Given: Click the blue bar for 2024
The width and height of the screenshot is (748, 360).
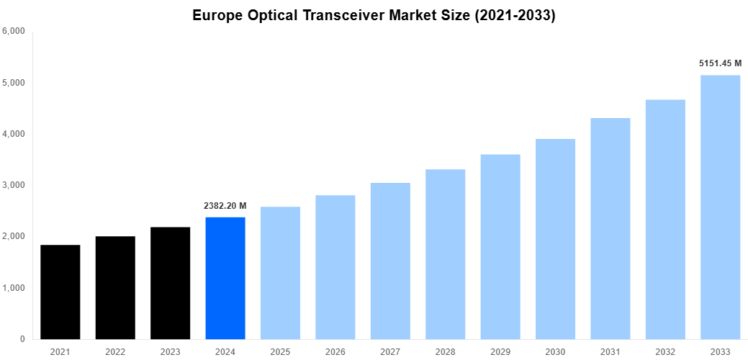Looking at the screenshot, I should tap(225, 278).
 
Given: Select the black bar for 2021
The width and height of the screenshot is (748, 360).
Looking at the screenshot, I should tap(60, 292).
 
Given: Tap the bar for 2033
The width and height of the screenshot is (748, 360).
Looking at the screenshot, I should tap(720, 207).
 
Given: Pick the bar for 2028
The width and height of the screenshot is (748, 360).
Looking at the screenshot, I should tap(445, 253).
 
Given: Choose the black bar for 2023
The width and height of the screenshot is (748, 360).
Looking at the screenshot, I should tap(171, 283).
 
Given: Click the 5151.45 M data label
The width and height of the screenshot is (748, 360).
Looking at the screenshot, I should tap(720, 63).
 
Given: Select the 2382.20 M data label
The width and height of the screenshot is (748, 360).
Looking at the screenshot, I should tap(225, 206).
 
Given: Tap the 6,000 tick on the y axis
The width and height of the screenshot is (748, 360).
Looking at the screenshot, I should tap(14, 32).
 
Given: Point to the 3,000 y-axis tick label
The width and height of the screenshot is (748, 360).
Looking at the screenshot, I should tap(14, 185).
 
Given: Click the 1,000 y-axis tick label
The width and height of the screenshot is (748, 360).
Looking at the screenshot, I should tap(14, 288).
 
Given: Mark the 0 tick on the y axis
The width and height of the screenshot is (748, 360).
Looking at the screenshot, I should tap(22, 339).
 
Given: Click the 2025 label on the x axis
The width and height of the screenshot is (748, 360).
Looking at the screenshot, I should tap(280, 352).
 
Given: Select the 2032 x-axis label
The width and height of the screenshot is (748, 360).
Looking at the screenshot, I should tap(665, 352).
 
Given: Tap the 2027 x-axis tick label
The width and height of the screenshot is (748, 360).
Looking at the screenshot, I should tap(390, 352).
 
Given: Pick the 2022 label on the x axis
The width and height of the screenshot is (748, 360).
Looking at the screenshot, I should tap(115, 352).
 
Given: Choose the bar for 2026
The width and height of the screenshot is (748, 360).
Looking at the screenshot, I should tap(335, 267).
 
